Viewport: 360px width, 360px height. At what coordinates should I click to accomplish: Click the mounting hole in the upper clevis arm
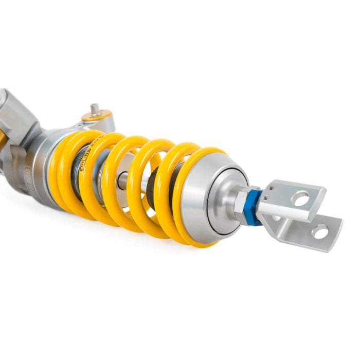301,197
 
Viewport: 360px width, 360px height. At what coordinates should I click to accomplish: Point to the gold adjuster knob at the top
97,116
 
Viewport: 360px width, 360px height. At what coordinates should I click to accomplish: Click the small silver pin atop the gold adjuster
95,108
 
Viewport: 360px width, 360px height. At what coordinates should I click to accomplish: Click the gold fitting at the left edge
3,136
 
